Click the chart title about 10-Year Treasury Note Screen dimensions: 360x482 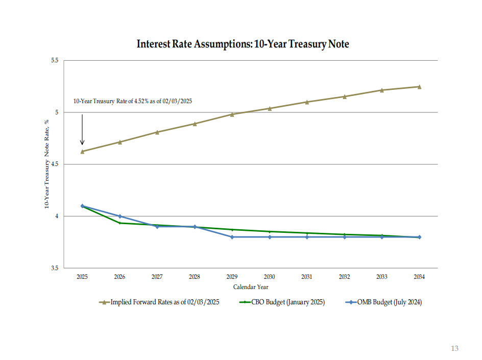point(243,44)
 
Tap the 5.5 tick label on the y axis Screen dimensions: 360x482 point(54,61)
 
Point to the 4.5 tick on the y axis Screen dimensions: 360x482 point(54,164)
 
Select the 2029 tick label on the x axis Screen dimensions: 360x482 point(232,277)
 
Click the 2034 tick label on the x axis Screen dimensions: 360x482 point(419,277)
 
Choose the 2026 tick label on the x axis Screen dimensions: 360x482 point(119,277)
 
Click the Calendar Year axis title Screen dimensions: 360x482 point(251,287)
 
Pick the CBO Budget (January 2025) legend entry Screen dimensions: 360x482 point(282,302)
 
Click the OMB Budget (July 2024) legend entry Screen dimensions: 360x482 point(383,302)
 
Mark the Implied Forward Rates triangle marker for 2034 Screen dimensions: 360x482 point(419,87)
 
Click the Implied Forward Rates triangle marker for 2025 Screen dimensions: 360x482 point(82,151)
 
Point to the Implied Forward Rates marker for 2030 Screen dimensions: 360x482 point(270,108)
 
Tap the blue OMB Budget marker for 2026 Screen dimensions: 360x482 point(119,217)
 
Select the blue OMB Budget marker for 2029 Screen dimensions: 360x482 point(232,237)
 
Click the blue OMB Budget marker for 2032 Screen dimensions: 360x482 point(344,237)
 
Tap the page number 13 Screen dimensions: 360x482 point(454,348)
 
